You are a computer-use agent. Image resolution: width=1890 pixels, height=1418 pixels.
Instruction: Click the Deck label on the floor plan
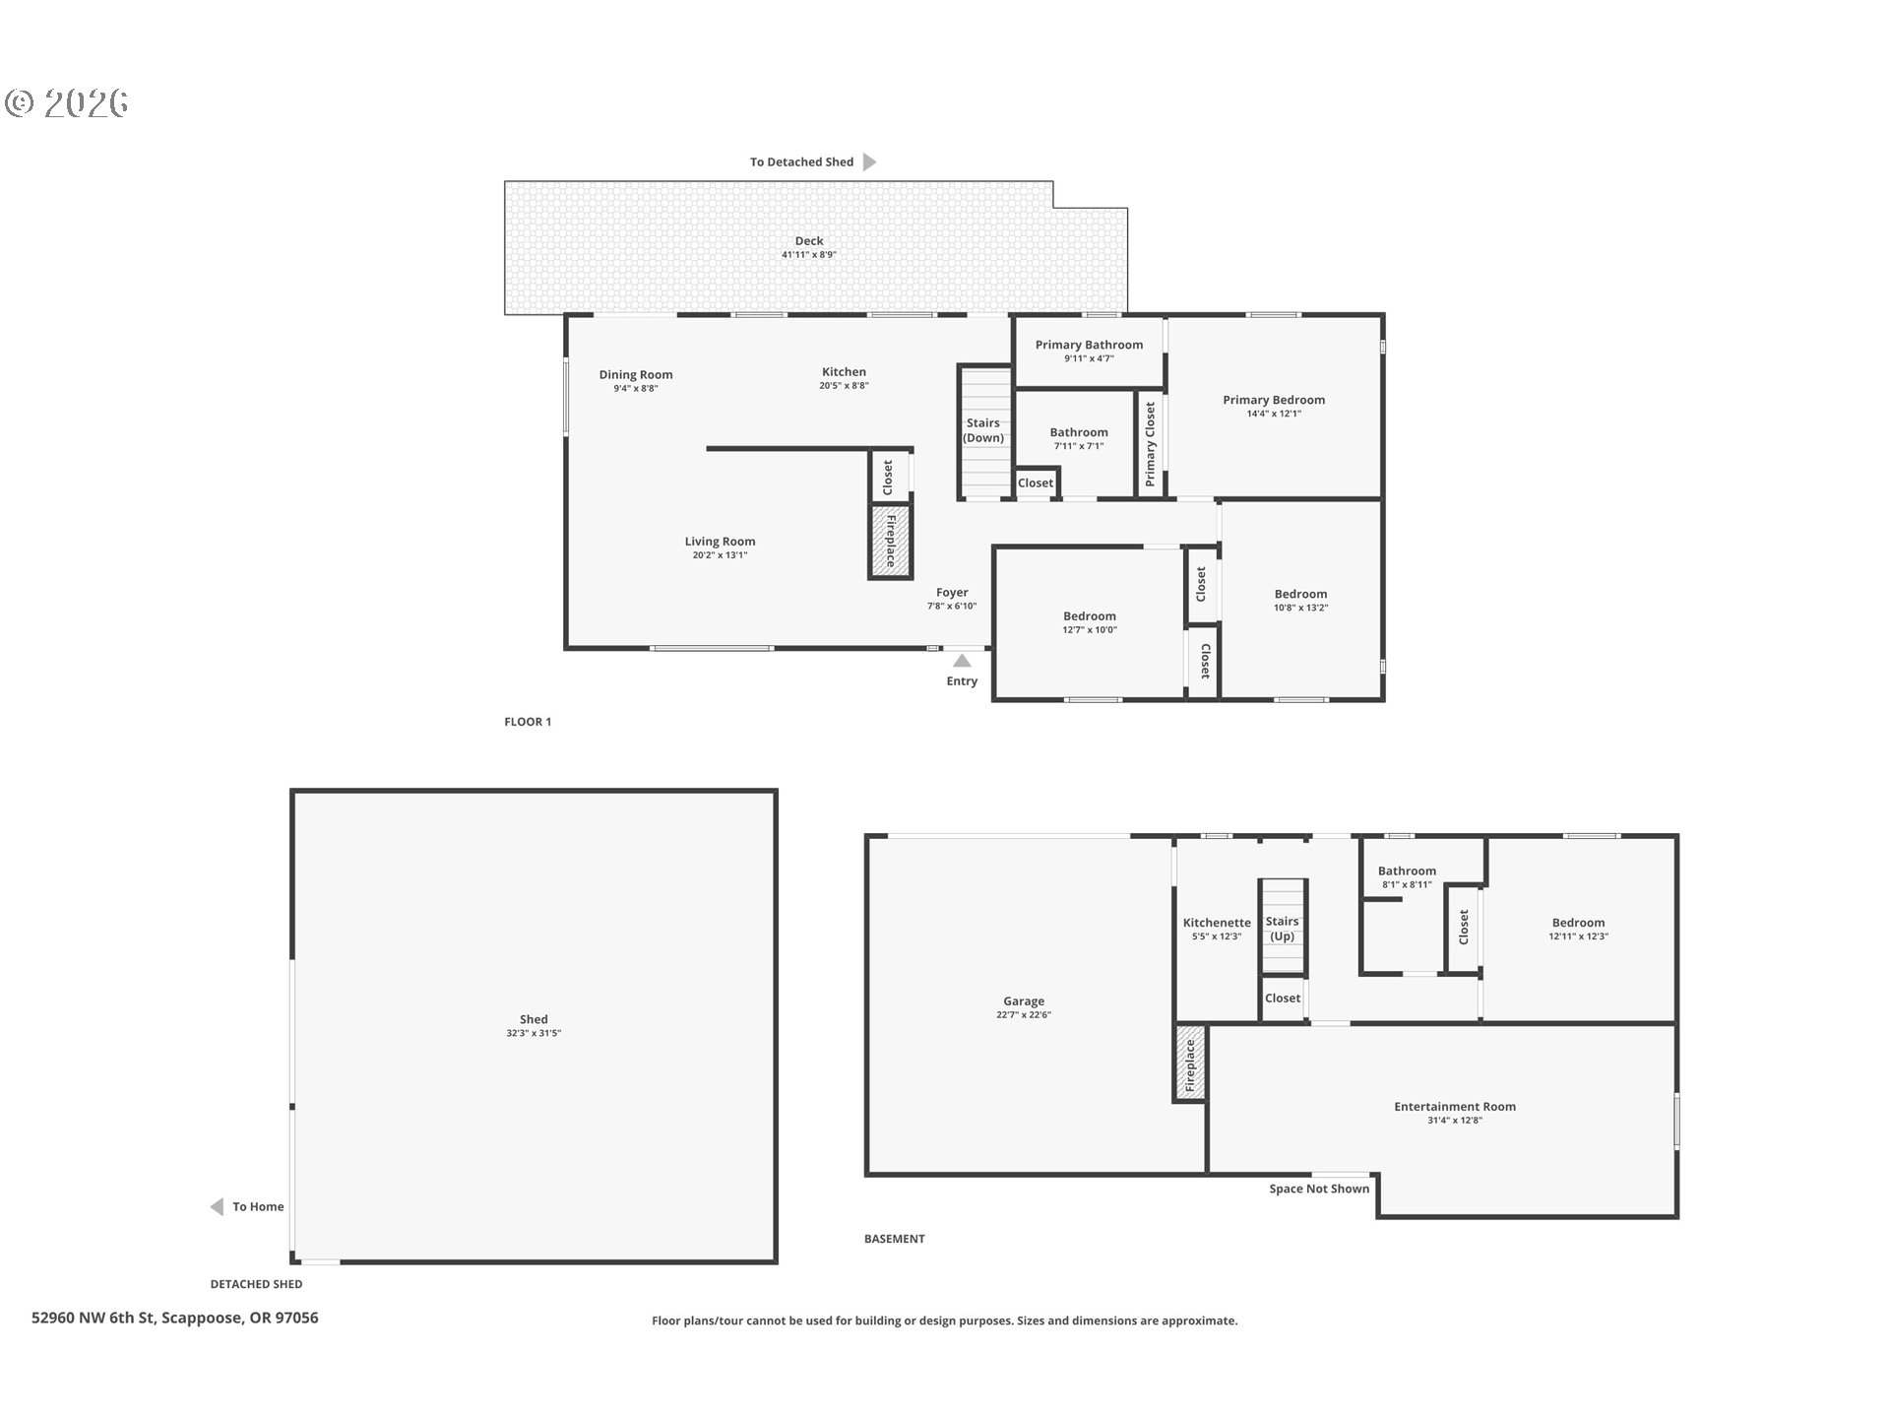click(809, 240)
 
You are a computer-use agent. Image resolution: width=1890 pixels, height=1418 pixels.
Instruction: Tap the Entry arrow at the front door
click(962, 661)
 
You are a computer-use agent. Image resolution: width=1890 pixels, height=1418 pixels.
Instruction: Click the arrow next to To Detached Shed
click(869, 161)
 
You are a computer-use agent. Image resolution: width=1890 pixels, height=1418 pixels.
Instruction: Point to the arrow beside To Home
click(217, 1206)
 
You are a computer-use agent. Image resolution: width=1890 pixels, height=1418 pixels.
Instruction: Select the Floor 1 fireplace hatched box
click(890, 542)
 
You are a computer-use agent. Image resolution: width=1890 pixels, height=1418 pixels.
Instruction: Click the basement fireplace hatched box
click(1190, 1063)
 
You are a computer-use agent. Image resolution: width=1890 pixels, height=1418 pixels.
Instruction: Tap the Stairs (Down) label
click(983, 430)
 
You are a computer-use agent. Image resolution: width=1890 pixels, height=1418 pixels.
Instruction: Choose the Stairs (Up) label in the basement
click(1282, 929)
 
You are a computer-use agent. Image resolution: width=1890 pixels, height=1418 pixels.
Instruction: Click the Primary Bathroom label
click(1089, 345)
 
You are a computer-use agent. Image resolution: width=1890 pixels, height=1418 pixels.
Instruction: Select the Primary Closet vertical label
click(1150, 444)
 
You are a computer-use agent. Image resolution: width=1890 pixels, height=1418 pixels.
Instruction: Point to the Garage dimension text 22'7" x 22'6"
click(1024, 1014)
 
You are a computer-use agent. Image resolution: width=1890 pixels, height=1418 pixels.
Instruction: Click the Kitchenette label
click(1217, 923)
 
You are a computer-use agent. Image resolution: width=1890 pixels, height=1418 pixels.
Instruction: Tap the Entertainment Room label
click(1455, 1107)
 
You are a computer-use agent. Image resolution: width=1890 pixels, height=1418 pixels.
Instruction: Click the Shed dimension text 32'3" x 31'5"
click(534, 1033)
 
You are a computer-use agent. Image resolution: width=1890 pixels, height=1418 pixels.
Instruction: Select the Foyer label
click(952, 593)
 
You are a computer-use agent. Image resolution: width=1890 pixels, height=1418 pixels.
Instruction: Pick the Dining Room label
click(636, 374)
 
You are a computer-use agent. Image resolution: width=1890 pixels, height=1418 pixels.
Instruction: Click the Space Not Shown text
click(1319, 1189)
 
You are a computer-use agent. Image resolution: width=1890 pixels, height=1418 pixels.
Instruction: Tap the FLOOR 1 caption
click(528, 722)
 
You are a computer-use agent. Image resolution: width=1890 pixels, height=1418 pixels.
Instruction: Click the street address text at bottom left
click(175, 1318)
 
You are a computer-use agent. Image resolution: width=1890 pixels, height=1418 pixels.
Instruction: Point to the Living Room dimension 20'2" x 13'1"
click(720, 555)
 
